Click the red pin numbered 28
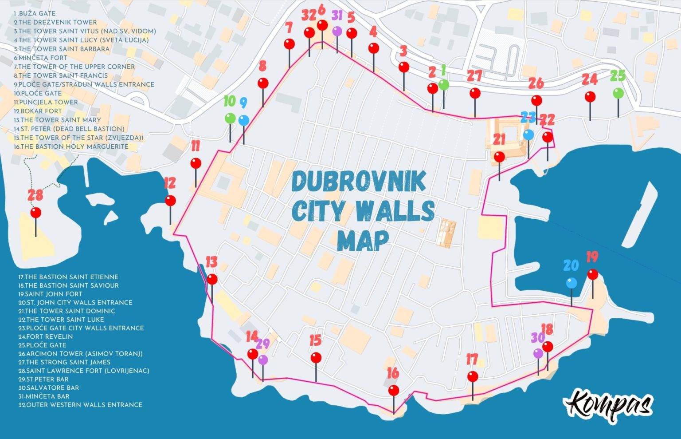pos(36,213)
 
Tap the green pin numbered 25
pos(618,93)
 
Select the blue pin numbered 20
pos(571,283)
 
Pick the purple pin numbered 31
pos(337,31)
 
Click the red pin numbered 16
pos(393,391)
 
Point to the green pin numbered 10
pos(230,118)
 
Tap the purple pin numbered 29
pos(263,360)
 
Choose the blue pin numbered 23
pos(528,134)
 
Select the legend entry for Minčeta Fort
pos(41,58)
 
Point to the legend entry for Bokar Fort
pos(38,111)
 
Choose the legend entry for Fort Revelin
pos(46,336)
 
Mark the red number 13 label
pos(211,262)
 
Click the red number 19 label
pos(592,257)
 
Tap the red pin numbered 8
pos(263,83)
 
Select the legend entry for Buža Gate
pos(31,13)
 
